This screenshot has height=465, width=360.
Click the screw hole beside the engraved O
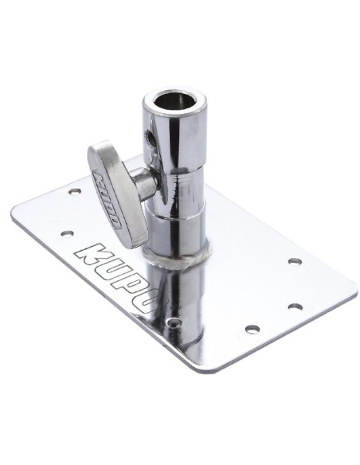tap(174, 322)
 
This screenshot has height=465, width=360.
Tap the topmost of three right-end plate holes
tap(294, 261)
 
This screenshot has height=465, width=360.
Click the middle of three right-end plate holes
tap(295, 306)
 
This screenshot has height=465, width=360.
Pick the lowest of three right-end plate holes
tap(252, 328)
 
